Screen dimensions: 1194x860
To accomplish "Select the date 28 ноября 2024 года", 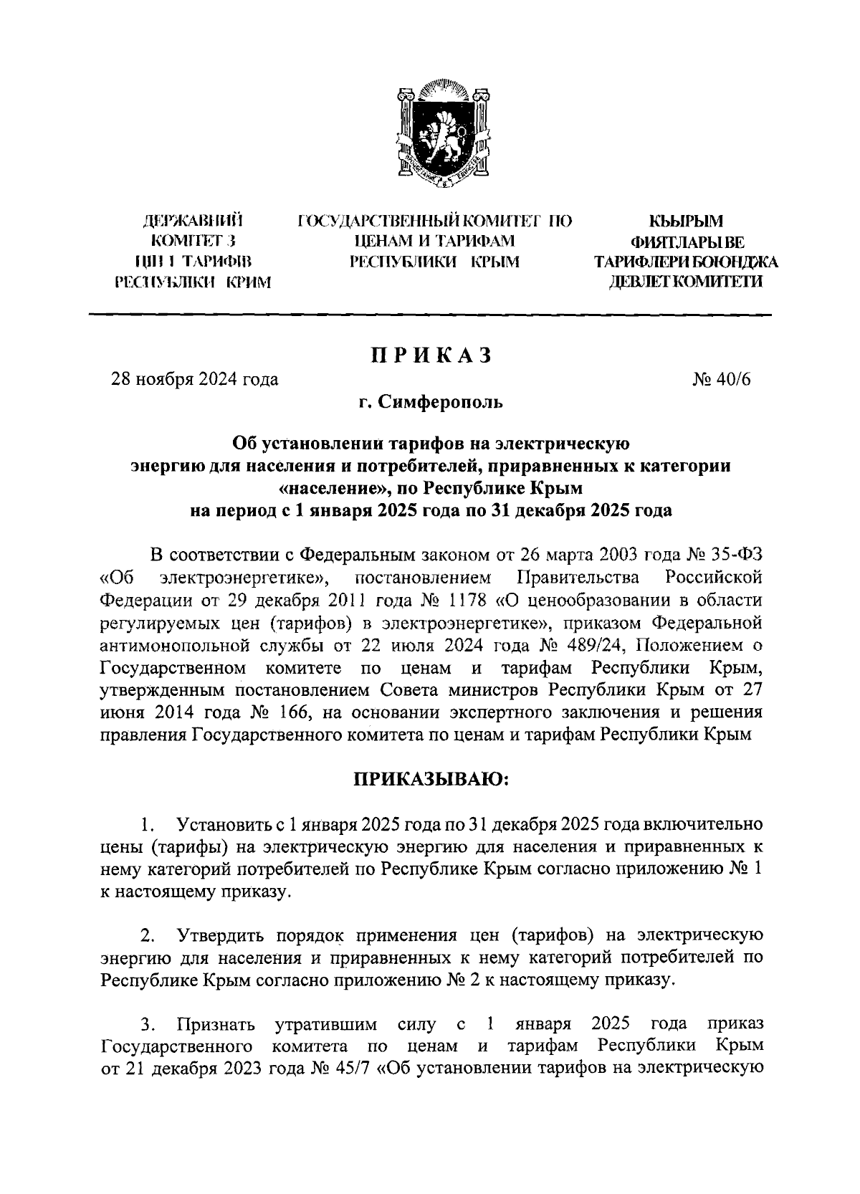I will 193,379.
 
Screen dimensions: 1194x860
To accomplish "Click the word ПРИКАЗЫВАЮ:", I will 429,779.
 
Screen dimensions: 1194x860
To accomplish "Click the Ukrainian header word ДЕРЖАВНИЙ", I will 193,220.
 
